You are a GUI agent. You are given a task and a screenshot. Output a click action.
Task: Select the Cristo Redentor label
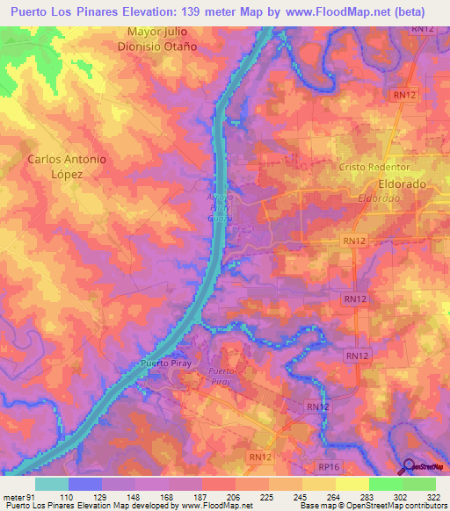click(x=375, y=167)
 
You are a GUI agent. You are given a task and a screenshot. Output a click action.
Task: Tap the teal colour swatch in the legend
click(x=52, y=484)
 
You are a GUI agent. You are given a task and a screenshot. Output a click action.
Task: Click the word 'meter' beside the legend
click(x=11, y=496)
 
